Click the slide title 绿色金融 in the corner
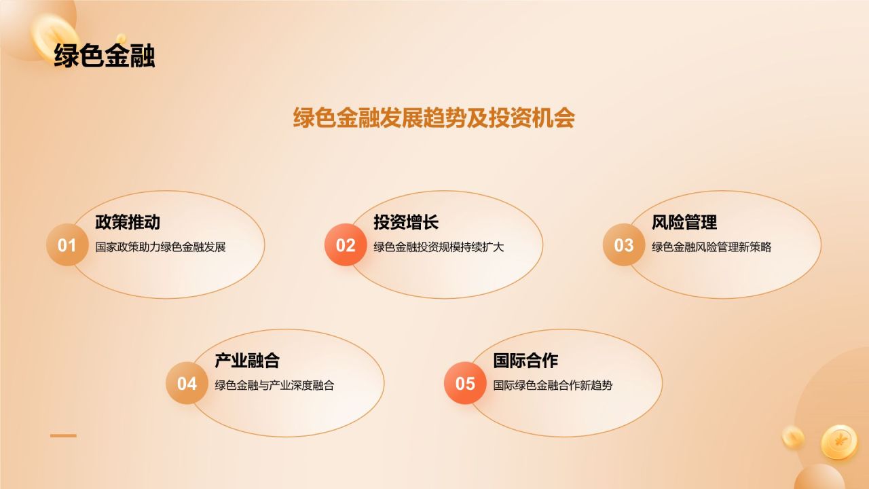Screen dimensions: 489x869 pyautogui.click(x=104, y=56)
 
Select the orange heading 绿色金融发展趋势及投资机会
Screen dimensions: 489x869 pyautogui.click(x=434, y=117)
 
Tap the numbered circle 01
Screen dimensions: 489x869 pyautogui.click(x=67, y=245)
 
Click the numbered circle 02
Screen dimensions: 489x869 pyautogui.click(x=346, y=245)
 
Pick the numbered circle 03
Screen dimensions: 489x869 pyautogui.click(x=624, y=245)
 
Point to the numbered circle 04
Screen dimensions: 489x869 pyautogui.click(x=187, y=384)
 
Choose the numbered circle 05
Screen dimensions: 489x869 pyautogui.click(x=465, y=384)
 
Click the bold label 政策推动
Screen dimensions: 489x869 pyautogui.click(x=128, y=222)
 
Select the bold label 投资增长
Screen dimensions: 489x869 pyautogui.click(x=406, y=222)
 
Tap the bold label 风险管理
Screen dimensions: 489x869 pyautogui.click(x=684, y=222)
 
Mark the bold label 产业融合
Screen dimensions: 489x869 pyautogui.click(x=247, y=361)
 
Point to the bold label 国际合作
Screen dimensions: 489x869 pyautogui.click(x=525, y=361)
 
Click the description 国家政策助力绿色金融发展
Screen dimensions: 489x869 pyautogui.click(x=160, y=247)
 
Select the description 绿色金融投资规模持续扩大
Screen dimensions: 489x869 pyautogui.click(x=439, y=247)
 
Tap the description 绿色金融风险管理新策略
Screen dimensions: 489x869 pyautogui.click(x=711, y=247)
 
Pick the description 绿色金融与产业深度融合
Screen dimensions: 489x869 pyautogui.click(x=274, y=386)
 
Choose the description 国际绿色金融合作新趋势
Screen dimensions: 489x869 pyautogui.click(x=553, y=386)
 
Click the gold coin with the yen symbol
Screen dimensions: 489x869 pyautogui.click(x=839, y=442)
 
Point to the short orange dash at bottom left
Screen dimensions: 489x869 pyautogui.click(x=63, y=436)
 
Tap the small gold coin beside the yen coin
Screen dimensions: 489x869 pyautogui.click(x=792, y=437)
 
